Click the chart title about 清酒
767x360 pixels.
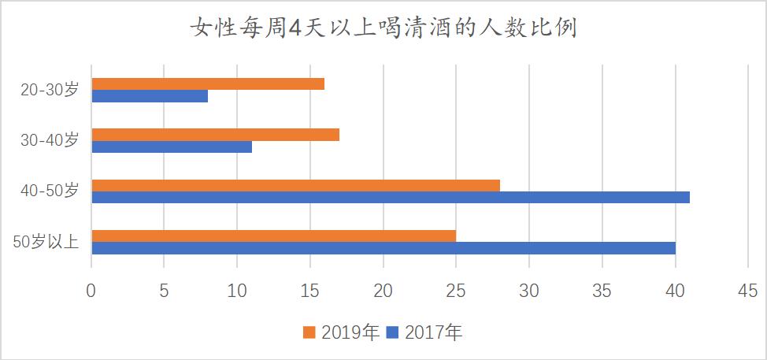pos(383,29)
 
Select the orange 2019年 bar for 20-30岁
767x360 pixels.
pos(208,84)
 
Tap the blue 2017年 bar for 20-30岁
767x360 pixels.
pos(150,96)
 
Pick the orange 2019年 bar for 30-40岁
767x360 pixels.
pos(215,135)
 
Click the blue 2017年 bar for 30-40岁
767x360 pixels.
pos(172,147)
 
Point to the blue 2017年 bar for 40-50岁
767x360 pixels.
pos(391,197)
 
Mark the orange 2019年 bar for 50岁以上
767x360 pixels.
pos(273,236)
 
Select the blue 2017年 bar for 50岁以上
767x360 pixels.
pos(383,248)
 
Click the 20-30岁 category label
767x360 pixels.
pos(49,90)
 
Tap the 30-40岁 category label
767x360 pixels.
pos(49,140)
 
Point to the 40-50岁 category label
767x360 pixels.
pos(49,191)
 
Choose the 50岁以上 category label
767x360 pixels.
pos(46,241)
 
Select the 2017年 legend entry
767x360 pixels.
pos(425,332)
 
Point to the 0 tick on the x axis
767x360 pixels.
pos(91,291)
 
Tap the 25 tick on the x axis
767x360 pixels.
pos(456,291)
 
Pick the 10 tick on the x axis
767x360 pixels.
pos(237,291)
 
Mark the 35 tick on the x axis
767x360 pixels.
pos(602,291)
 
